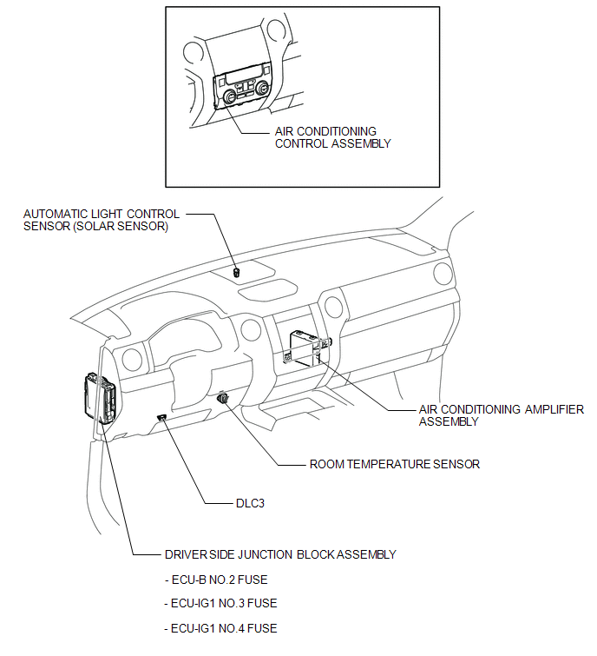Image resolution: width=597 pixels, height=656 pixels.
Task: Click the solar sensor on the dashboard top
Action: coord(237,271)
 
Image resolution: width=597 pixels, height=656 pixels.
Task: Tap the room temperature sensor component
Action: coord(225,398)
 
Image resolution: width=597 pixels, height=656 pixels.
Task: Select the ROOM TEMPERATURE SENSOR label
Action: coord(395,464)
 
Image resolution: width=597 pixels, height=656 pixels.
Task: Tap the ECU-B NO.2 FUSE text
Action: coord(220,579)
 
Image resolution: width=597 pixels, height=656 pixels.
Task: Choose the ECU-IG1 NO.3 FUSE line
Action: coord(220,603)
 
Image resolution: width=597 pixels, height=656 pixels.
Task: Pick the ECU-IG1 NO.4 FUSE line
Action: coord(220,628)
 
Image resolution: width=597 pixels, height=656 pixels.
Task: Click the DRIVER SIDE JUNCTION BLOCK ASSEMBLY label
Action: coord(279,554)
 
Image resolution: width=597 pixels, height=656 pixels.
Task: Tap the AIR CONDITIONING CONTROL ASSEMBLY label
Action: coord(332,137)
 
